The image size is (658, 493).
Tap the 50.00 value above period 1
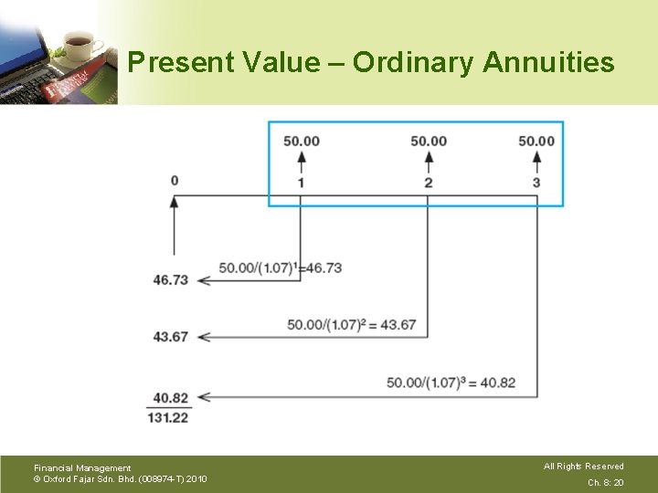[x=302, y=141]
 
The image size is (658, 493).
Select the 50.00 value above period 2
[x=429, y=141]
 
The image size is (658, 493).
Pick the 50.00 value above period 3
[x=536, y=141]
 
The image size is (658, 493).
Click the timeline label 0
[x=175, y=180]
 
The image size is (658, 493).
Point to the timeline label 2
[x=429, y=183]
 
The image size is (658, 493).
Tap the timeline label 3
[x=536, y=183]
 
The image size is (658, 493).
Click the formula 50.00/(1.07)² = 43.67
[x=352, y=325]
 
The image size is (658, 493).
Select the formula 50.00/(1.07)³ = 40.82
[x=451, y=383]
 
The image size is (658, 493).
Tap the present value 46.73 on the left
[x=171, y=279]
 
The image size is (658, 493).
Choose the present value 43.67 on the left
[x=171, y=337]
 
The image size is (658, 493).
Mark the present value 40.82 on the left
[x=171, y=398]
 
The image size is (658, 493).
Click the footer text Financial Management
[x=82, y=468]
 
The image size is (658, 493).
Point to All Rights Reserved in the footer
[x=583, y=467]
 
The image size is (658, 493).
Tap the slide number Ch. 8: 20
[x=605, y=482]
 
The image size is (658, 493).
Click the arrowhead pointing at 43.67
[x=203, y=337]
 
